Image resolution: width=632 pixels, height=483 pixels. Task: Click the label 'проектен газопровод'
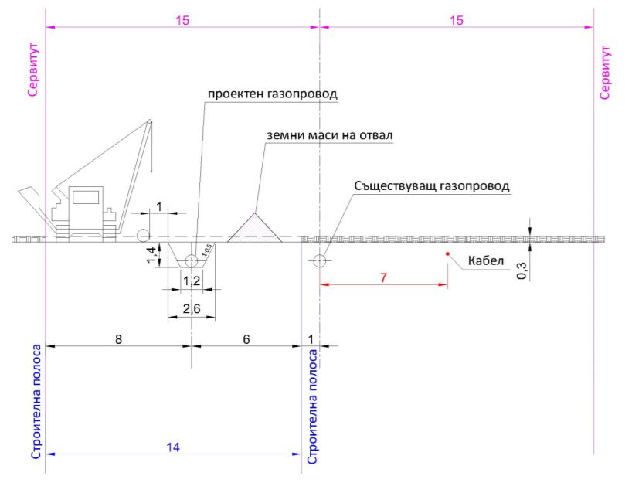(273, 94)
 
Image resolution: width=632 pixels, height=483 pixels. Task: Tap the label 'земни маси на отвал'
(330, 135)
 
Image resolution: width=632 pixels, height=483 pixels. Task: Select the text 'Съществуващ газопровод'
(432, 186)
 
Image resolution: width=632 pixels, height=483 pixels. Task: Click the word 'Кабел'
(486, 260)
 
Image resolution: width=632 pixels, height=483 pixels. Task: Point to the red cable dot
(447, 253)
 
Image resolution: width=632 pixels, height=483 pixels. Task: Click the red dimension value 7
(383, 277)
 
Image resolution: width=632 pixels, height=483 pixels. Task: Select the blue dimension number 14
(173, 447)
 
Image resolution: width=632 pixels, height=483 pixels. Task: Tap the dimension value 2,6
(192, 309)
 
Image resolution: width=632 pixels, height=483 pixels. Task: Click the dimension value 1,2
(192, 281)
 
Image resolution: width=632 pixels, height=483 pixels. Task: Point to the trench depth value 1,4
(151, 255)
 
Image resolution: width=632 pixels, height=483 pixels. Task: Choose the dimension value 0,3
(522, 271)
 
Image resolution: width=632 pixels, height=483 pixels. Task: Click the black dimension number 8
(118, 339)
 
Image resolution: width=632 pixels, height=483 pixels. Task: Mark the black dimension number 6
(246, 339)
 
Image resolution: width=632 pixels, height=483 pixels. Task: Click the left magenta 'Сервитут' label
(33, 70)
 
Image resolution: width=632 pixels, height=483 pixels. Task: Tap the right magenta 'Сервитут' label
(605, 73)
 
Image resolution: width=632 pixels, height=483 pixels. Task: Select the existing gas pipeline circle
(320, 261)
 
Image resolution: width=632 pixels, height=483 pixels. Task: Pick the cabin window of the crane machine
(86, 197)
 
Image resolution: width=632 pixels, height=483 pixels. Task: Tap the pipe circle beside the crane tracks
(143, 235)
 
